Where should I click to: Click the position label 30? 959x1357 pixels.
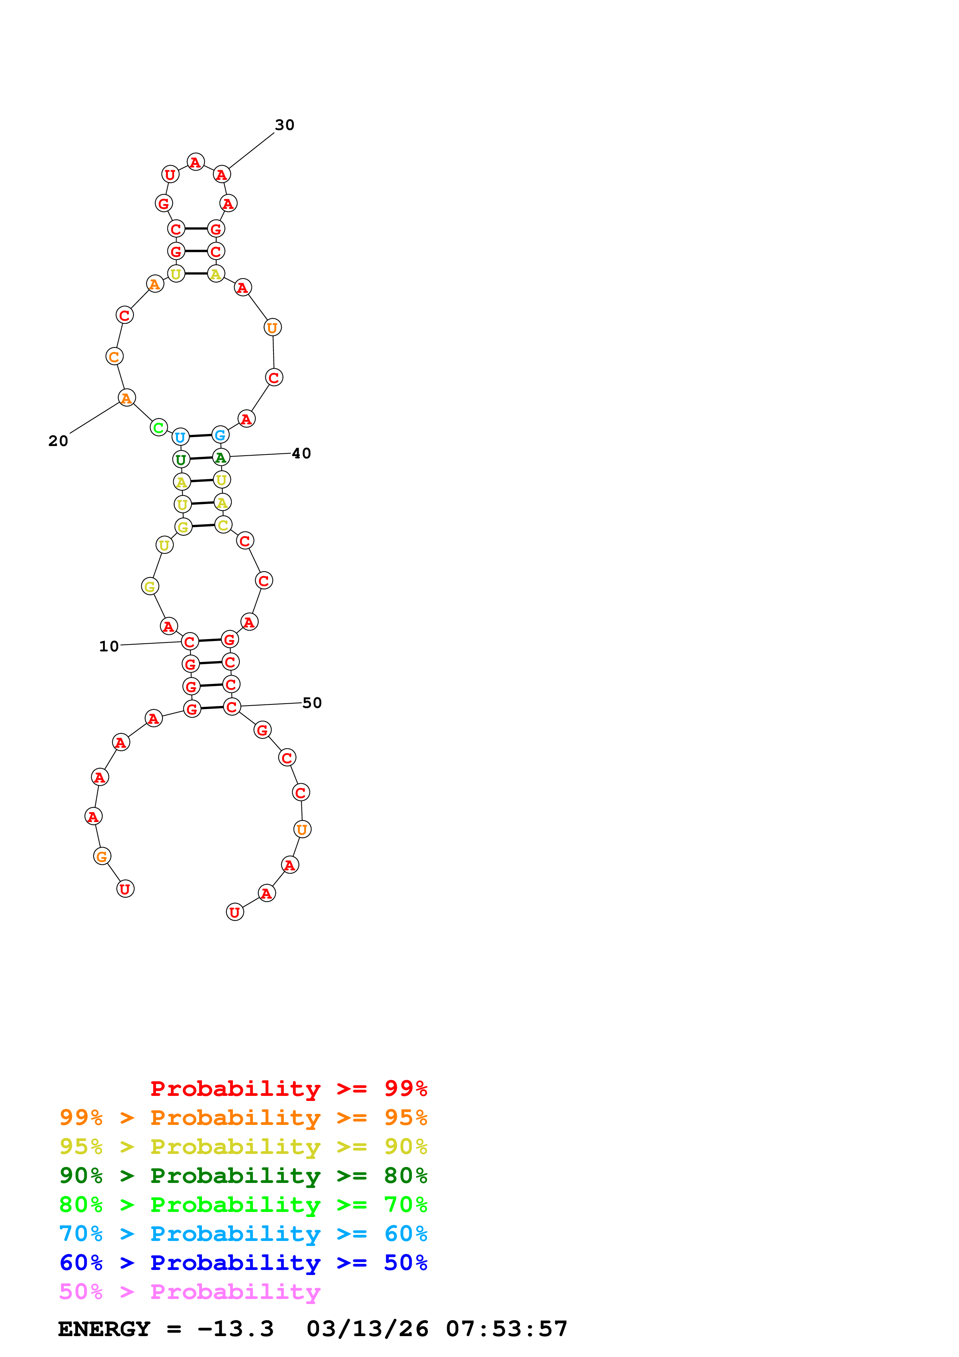(x=284, y=125)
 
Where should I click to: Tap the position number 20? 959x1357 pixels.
(x=58, y=441)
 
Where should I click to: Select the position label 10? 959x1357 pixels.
(x=109, y=646)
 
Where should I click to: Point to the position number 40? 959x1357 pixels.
(x=301, y=453)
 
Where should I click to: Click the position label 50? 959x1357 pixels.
(x=312, y=703)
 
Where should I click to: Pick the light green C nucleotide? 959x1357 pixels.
(x=158, y=427)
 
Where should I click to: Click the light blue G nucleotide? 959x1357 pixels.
(x=220, y=435)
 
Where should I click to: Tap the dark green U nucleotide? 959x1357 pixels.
(x=181, y=459)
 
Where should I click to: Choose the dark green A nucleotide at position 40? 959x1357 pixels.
(x=221, y=458)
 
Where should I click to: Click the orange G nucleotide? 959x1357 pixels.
(x=102, y=856)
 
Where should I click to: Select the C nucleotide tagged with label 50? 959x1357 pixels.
(x=232, y=707)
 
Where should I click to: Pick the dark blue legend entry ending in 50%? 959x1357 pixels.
(x=243, y=1263)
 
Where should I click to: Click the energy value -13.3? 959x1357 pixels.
(x=235, y=1329)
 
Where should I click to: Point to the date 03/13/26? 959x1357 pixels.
(x=367, y=1329)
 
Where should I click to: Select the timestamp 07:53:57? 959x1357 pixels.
(x=506, y=1329)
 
